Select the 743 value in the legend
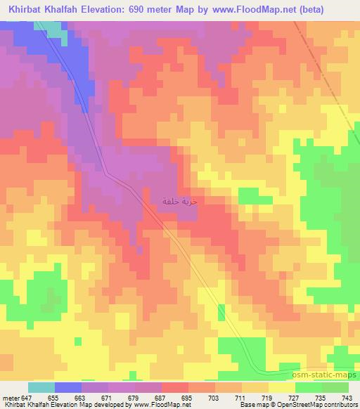348,397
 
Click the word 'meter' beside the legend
11,397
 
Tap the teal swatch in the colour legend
41,387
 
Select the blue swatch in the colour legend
68,387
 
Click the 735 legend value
321,397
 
